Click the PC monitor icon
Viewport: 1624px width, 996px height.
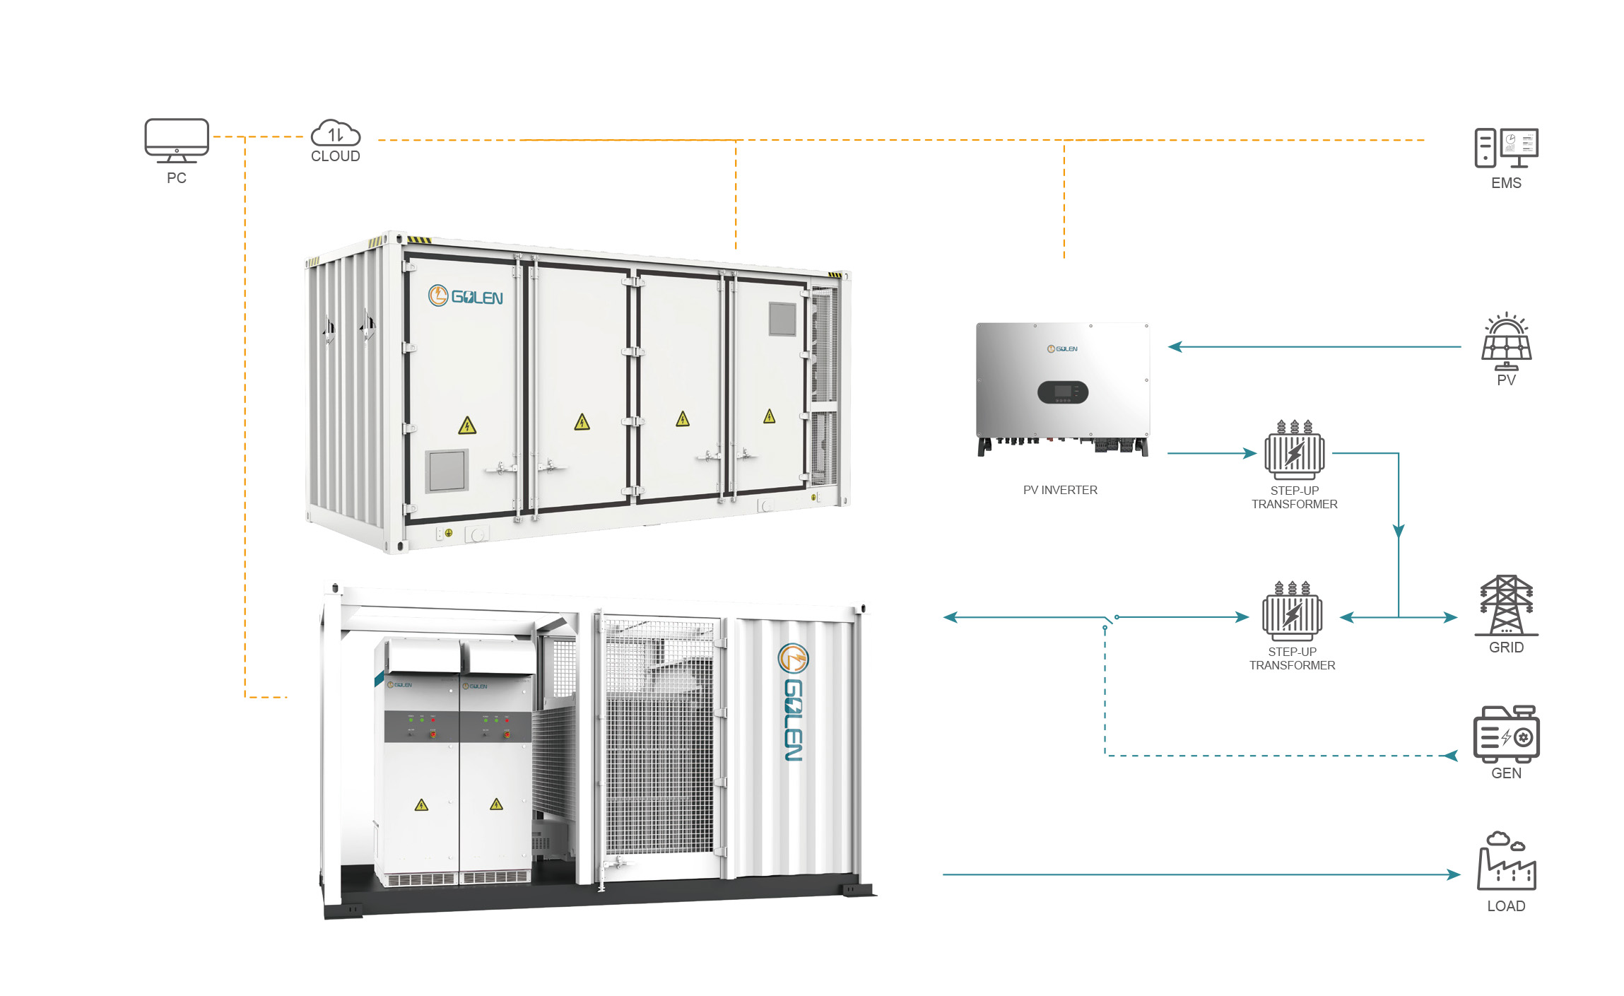[x=177, y=141]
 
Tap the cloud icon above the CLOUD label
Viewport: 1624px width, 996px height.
[x=336, y=134]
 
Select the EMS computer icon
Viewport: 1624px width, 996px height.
[x=1506, y=148]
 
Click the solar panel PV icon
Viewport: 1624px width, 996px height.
[x=1506, y=341]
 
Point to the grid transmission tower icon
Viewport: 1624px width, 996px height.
[x=1506, y=605]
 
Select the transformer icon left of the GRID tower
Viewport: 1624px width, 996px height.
[x=1293, y=611]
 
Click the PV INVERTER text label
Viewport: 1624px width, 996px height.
[x=1060, y=490]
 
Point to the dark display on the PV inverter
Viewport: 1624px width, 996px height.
[x=1062, y=392]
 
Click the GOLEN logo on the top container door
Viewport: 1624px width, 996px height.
[x=466, y=296]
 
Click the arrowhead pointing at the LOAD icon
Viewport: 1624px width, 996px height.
[x=1454, y=874]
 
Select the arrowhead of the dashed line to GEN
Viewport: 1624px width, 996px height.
[x=1451, y=756]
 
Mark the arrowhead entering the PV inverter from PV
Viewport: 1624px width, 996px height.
[x=1175, y=346]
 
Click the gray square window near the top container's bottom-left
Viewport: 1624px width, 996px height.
[x=447, y=470]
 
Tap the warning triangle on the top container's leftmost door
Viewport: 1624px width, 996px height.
[x=467, y=426]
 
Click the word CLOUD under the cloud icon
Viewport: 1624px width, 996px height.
[x=336, y=156]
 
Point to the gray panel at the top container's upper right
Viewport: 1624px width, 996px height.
[x=782, y=319]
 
